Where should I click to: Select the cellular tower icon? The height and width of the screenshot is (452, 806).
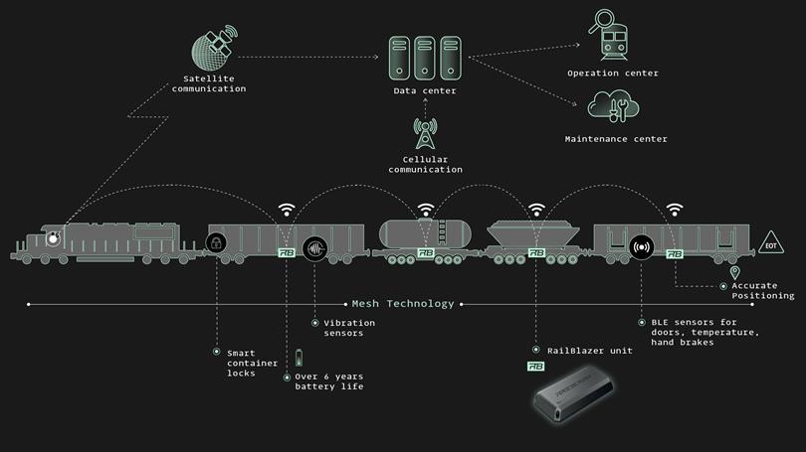425,133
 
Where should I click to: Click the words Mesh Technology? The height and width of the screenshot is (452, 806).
403,303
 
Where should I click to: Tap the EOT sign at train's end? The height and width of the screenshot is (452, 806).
770,243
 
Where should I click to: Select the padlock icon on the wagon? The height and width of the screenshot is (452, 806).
215,243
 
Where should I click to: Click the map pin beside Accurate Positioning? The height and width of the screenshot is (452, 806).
735,272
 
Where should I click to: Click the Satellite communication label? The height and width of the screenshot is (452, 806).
208,83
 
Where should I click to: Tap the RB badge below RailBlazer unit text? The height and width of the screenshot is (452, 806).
535,366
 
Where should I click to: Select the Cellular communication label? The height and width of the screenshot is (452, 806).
425,164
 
